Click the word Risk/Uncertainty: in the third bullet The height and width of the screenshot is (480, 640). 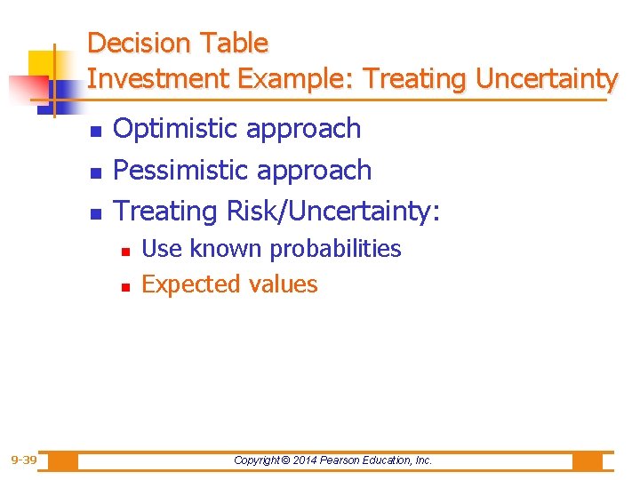[334, 212]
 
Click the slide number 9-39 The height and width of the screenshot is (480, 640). [23, 460]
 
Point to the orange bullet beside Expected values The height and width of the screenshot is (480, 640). [125, 287]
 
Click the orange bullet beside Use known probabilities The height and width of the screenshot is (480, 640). [125, 252]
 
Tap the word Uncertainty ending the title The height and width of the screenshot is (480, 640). [546, 79]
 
